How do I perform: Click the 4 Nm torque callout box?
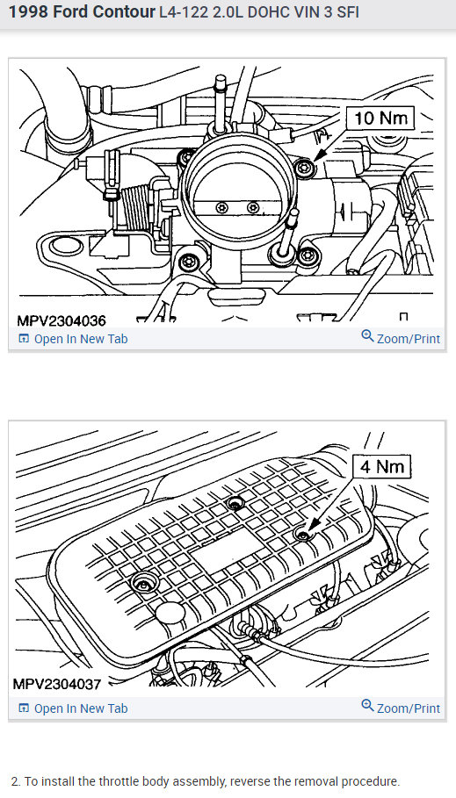[381, 465]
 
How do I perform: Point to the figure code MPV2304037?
[59, 683]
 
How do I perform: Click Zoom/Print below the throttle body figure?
[401, 338]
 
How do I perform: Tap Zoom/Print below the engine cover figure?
[401, 708]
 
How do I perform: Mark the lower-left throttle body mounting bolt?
[185, 262]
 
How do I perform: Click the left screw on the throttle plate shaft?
[221, 207]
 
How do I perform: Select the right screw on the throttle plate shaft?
[253, 207]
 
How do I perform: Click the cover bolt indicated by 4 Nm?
[303, 536]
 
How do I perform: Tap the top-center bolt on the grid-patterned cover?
[234, 504]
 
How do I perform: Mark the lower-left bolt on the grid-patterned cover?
[142, 582]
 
